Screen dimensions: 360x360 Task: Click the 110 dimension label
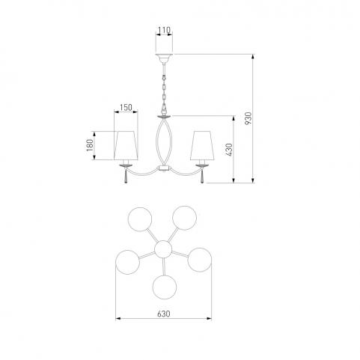164,30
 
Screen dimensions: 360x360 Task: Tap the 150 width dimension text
126,108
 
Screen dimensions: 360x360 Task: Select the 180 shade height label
89,145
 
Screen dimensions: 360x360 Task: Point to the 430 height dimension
228,150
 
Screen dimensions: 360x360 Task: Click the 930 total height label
248,118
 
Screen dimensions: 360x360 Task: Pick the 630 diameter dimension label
164,314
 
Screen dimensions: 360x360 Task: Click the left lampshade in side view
126,145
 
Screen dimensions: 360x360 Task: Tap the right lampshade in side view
201,145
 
